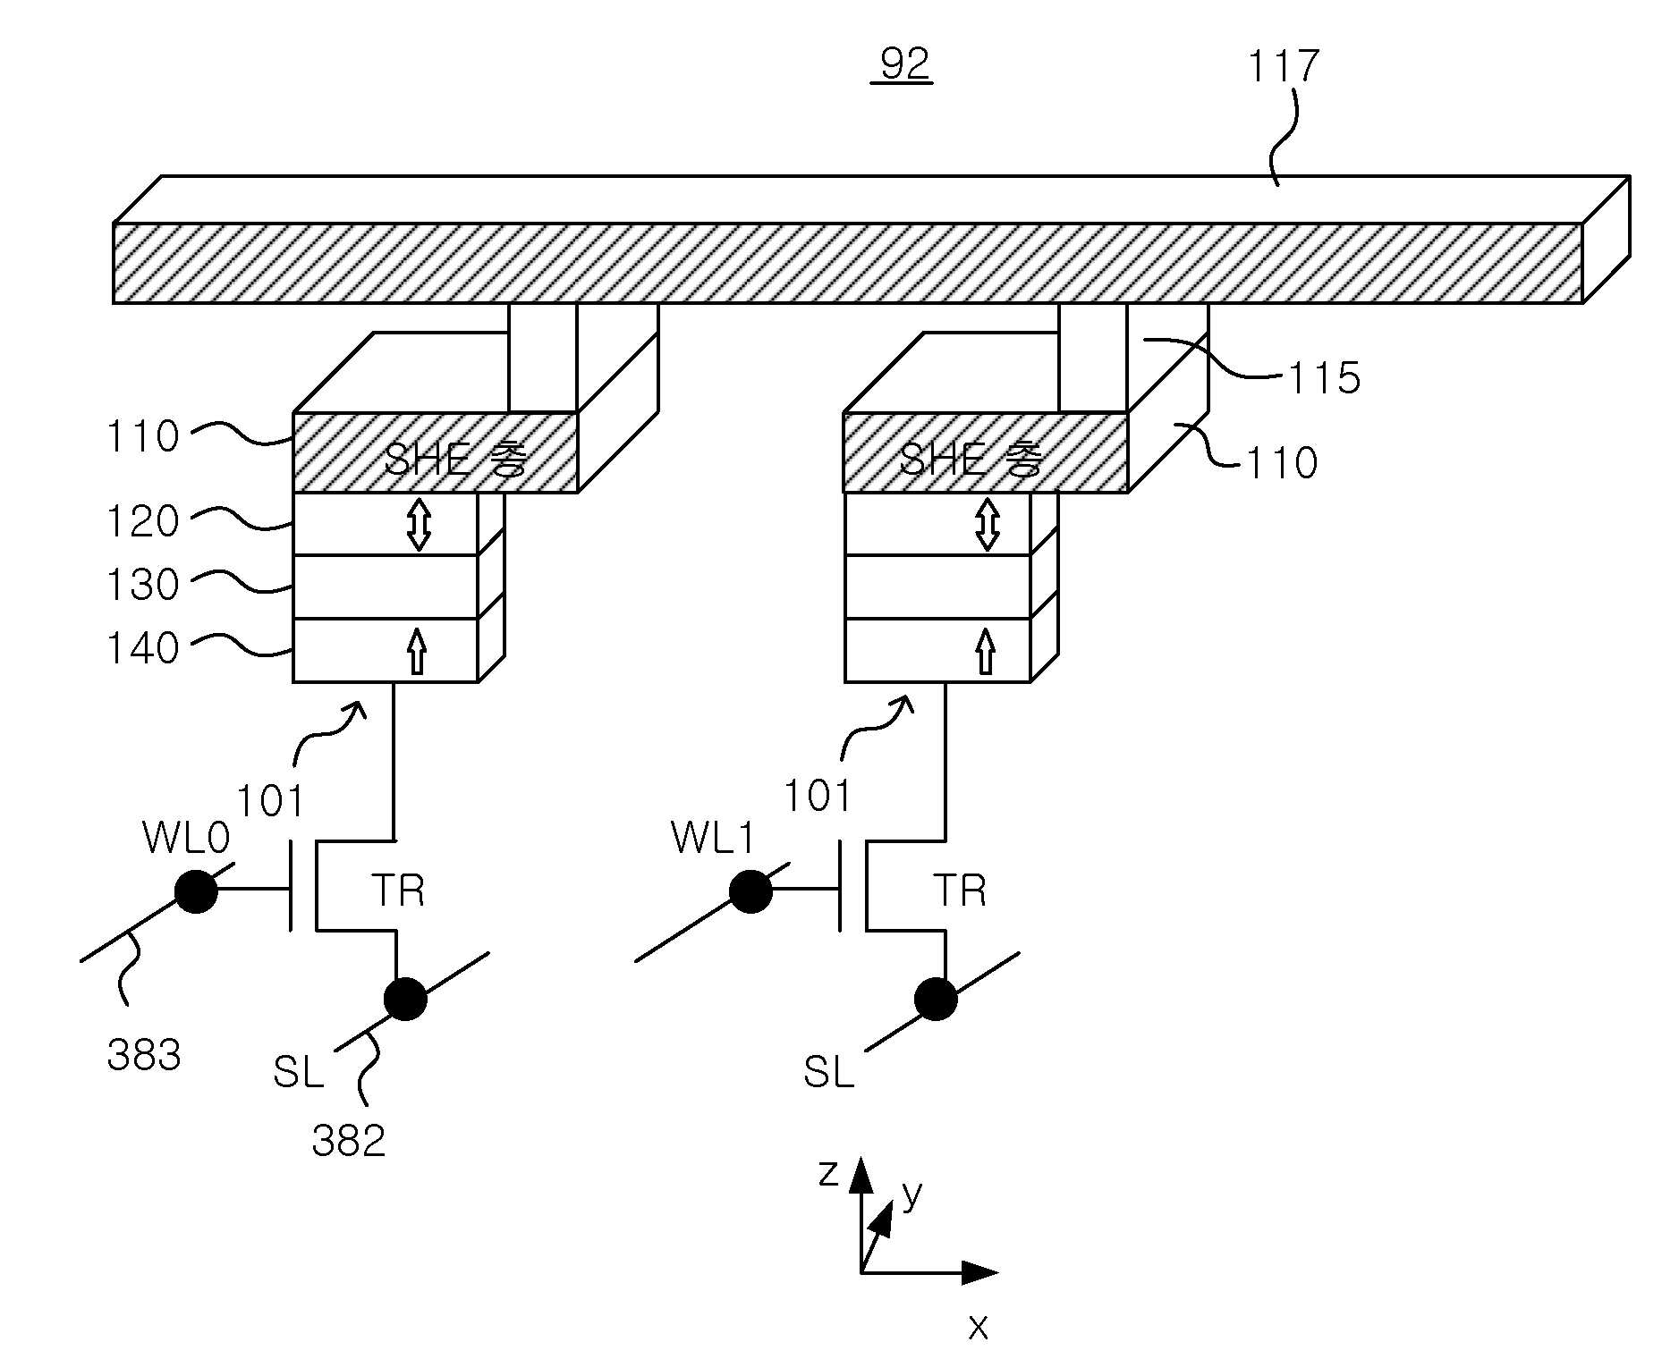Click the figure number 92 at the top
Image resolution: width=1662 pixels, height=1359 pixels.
point(904,63)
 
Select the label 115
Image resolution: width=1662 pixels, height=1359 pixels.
point(1324,377)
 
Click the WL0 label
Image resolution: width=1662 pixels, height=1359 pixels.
point(186,838)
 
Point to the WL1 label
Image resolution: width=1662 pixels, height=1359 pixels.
point(713,838)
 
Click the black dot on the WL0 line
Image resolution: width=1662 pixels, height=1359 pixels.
point(196,891)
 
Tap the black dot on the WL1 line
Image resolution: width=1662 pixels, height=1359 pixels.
point(750,891)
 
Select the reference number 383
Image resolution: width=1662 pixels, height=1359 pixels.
point(144,1055)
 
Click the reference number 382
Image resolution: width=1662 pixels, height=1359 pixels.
point(349,1141)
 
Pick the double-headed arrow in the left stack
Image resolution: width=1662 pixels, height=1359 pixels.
point(419,525)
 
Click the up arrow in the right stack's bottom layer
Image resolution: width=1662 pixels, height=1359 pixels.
point(986,651)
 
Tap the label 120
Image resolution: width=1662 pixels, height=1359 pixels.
point(143,521)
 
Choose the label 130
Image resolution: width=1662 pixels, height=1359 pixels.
point(143,585)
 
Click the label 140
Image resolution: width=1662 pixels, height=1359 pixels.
point(143,648)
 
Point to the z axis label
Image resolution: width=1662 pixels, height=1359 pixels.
point(829,1172)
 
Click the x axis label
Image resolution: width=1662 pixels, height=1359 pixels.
point(978,1328)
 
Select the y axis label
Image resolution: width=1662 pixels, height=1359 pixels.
point(912,1194)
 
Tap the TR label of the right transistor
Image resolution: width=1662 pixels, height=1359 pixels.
point(960,891)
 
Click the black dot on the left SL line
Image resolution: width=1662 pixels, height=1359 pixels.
point(405,999)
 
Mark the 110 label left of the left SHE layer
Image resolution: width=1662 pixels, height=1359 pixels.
point(143,436)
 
